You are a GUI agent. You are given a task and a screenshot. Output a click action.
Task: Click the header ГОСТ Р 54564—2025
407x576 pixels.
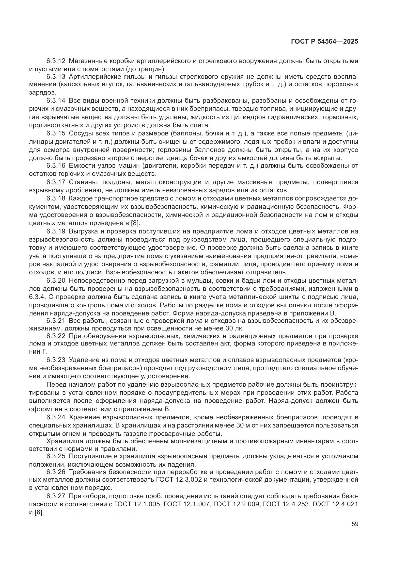(x=324, y=42)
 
